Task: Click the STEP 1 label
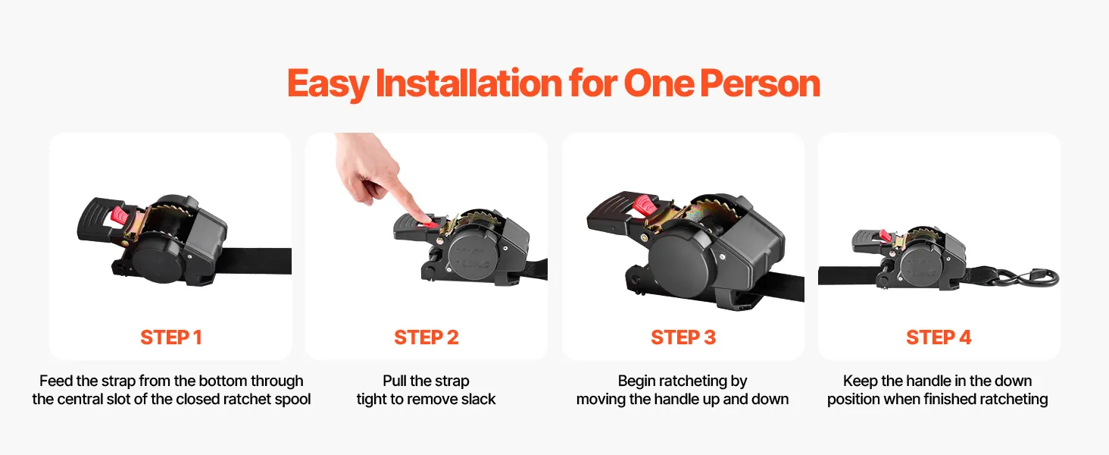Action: (170, 337)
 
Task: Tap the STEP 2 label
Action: (426, 337)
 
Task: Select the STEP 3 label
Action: (683, 337)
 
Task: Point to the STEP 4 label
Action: (939, 337)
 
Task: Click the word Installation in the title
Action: (468, 83)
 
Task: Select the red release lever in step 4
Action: (883, 235)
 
